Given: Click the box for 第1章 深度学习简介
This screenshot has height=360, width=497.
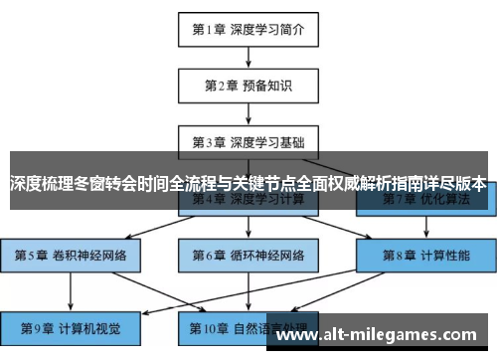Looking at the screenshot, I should (x=248, y=29).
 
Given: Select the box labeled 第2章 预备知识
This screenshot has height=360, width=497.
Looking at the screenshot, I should (x=248, y=85).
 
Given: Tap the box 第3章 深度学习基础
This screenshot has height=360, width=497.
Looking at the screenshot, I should (x=248, y=141).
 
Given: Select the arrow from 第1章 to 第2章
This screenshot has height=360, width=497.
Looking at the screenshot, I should (x=248, y=57).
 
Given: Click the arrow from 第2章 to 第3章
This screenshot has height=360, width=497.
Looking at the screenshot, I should (x=248, y=112).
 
